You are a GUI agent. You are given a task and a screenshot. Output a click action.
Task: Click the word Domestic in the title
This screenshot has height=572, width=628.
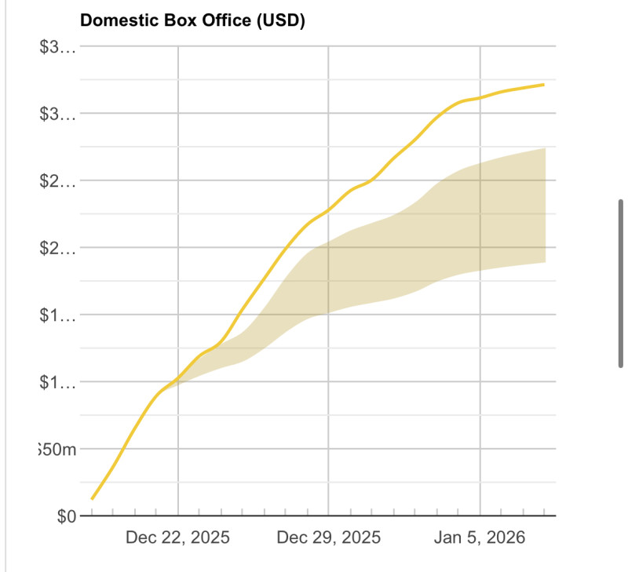[115, 20]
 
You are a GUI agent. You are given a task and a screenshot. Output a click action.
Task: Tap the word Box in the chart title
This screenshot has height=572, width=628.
[171, 20]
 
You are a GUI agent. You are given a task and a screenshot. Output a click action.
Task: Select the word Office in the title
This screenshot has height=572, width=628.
[219, 20]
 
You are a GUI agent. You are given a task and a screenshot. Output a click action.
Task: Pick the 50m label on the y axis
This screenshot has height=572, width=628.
[59, 450]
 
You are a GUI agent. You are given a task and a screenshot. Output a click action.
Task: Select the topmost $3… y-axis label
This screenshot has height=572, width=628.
[59, 47]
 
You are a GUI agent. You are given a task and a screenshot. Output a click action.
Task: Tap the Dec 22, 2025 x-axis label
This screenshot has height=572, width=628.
[178, 538]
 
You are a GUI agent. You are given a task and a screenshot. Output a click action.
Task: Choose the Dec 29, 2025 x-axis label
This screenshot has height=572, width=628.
[329, 538]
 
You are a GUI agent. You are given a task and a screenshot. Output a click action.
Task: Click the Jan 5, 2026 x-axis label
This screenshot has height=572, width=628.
[480, 538]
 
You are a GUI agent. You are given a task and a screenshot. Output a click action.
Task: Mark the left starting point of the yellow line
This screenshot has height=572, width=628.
[93, 498]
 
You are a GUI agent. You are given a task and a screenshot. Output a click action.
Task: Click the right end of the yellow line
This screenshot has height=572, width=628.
[544, 84]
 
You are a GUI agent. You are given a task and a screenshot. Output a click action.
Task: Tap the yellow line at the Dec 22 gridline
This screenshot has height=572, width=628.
[178, 377]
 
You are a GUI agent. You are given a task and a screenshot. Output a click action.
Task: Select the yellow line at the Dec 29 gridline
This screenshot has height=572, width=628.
[328, 209]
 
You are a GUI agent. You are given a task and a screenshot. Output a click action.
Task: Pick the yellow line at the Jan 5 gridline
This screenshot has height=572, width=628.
[480, 98]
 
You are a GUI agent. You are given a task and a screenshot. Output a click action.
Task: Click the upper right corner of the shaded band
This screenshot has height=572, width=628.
[545, 148]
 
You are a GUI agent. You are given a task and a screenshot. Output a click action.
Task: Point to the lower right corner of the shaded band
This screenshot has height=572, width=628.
[545, 262]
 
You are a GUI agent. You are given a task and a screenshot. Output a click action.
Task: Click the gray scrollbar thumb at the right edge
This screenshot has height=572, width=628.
[621, 282]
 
